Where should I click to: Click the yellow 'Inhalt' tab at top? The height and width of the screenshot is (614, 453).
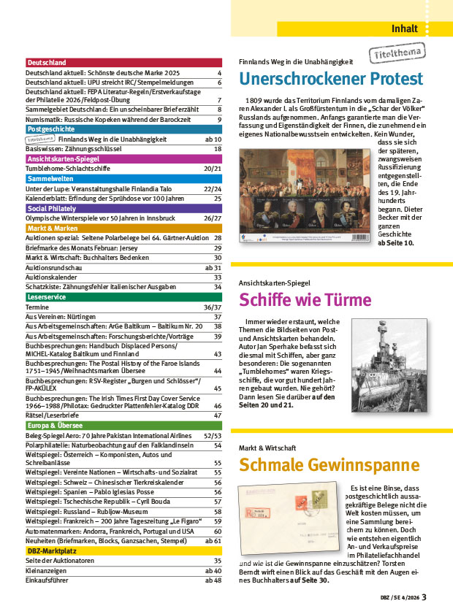(x=405, y=29)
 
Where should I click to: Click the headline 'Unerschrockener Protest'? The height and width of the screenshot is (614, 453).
(x=331, y=79)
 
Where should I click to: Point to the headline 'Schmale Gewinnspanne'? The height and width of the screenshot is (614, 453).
(x=329, y=465)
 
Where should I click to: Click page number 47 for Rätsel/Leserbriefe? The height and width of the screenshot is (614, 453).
(x=217, y=415)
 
